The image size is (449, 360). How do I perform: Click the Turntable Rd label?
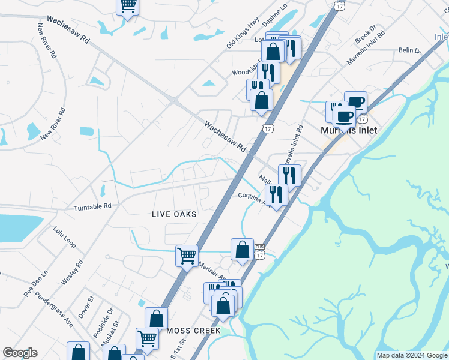click(x=92, y=207)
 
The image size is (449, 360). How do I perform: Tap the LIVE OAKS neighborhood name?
click(x=174, y=214)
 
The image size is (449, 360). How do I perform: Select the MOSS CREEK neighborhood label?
click(x=194, y=331)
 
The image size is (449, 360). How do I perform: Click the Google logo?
click(x=20, y=353)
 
